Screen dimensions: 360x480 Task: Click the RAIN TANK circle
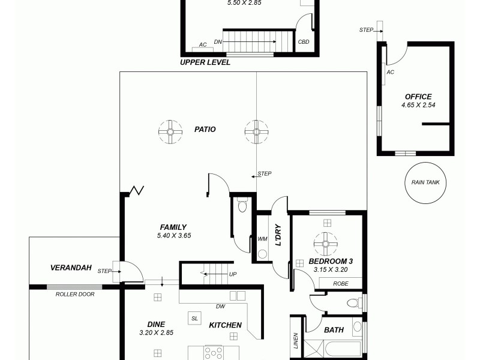pyautogui.click(x=425, y=182)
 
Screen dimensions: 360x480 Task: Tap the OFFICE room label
pyautogui.click(x=418, y=97)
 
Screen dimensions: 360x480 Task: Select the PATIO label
pyautogui.click(x=205, y=129)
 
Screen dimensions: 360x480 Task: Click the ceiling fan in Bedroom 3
pyautogui.click(x=326, y=244)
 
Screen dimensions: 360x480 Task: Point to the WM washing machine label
pyautogui.click(x=262, y=239)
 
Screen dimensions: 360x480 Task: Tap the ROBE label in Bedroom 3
pyautogui.click(x=340, y=283)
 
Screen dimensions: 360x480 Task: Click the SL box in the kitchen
pyautogui.click(x=194, y=319)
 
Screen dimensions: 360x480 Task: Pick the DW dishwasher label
pyautogui.click(x=220, y=306)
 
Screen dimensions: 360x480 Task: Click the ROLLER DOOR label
pyautogui.click(x=74, y=294)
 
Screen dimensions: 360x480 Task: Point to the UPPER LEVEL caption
pyautogui.click(x=205, y=62)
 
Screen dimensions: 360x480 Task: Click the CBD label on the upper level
pyautogui.click(x=304, y=42)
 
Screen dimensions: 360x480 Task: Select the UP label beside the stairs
pyautogui.click(x=233, y=275)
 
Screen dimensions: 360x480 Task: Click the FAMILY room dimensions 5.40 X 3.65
pyautogui.click(x=173, y=235)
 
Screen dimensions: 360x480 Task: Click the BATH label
pyautogui.click(x=334, y=329)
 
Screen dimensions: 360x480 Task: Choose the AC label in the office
pyautogui.click(x=391, y=72)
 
